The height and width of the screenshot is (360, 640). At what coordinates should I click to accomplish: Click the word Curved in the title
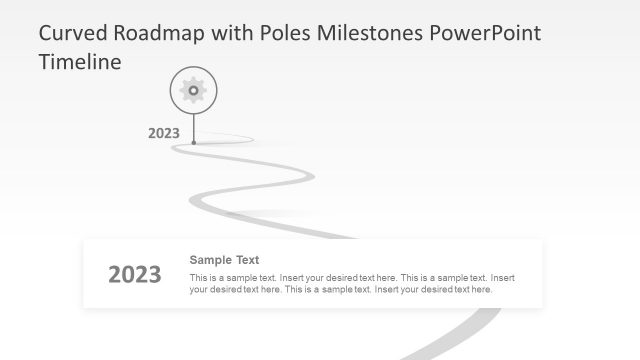[x=73, y=33]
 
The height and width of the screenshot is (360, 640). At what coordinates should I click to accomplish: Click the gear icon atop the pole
[x=193, y=90]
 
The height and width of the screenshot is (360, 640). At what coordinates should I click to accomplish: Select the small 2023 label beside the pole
[x=163, y=132]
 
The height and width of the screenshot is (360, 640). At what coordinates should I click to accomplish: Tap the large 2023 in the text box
[x=134, y=275]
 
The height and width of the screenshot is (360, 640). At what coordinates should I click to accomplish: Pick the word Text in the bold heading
[x=248, y=260]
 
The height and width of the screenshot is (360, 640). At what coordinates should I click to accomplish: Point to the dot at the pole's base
[x=193, y=142]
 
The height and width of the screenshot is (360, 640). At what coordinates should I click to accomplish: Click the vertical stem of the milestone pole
[x=193, y=125]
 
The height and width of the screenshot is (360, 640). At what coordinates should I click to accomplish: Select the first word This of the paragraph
[x=198, y=277]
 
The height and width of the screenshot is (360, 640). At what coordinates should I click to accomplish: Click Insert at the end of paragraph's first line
[x=503, y=277]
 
